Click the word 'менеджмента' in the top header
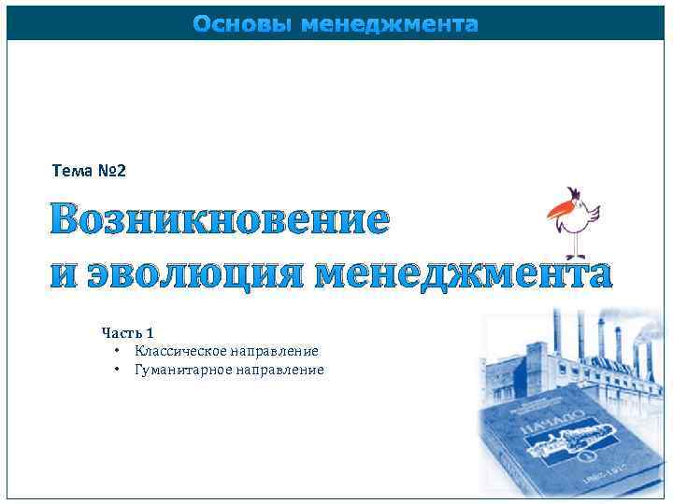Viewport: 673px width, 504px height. point(390,24)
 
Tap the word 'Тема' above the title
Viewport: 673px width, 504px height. point(71,171)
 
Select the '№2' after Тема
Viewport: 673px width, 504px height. point(110,171)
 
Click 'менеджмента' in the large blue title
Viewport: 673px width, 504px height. point(463,273)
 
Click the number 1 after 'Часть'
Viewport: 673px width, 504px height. point(150,332)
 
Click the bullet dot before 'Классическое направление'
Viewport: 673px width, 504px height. point(116,351)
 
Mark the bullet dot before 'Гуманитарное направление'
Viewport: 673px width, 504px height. point(116,370)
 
